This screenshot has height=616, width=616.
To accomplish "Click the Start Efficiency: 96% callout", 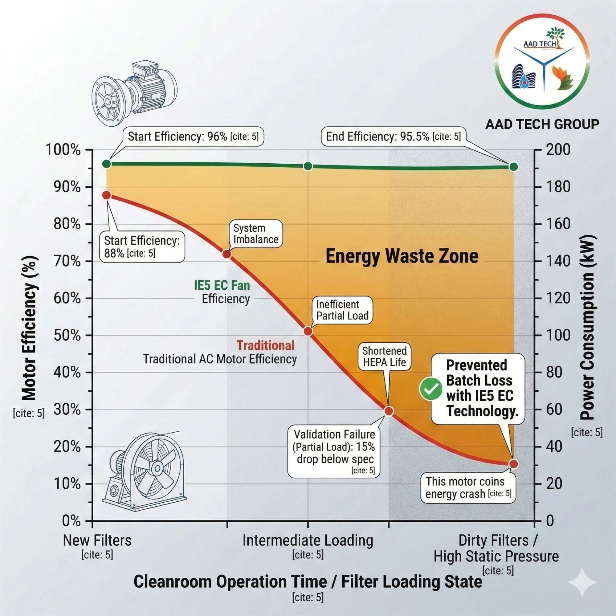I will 193,137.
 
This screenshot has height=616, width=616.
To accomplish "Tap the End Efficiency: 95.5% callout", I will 393,137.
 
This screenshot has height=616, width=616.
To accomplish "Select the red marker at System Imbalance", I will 226,254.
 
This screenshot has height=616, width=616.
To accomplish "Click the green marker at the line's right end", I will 513,167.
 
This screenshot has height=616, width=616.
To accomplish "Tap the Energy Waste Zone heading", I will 402,256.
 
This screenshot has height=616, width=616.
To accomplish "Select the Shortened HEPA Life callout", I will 384,357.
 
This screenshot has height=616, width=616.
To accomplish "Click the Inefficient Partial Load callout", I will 342,310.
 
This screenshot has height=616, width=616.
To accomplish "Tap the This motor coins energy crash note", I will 468,487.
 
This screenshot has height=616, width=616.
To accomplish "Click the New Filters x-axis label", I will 97,541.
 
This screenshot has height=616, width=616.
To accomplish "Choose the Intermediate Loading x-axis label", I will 308,541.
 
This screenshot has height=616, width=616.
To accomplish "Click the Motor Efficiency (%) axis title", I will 29,328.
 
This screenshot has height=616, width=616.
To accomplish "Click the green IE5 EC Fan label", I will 222,285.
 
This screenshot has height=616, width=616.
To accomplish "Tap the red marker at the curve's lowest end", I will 513,464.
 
